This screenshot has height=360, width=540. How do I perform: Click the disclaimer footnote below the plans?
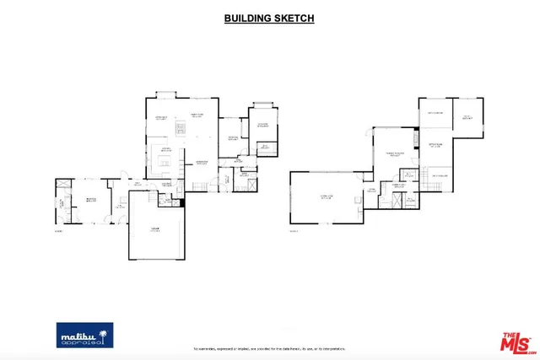pyautogui.click(x=270, y=347)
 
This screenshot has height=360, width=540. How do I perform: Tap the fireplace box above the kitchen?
pyautogui.click(x=180, y=127)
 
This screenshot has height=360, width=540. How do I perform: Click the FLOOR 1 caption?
pyautogui.click(x=59, y=230)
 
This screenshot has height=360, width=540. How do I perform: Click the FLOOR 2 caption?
pyautogui.click(x=294, y=230)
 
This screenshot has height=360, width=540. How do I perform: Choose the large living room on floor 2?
pyautogui.click(x=327, y=198)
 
